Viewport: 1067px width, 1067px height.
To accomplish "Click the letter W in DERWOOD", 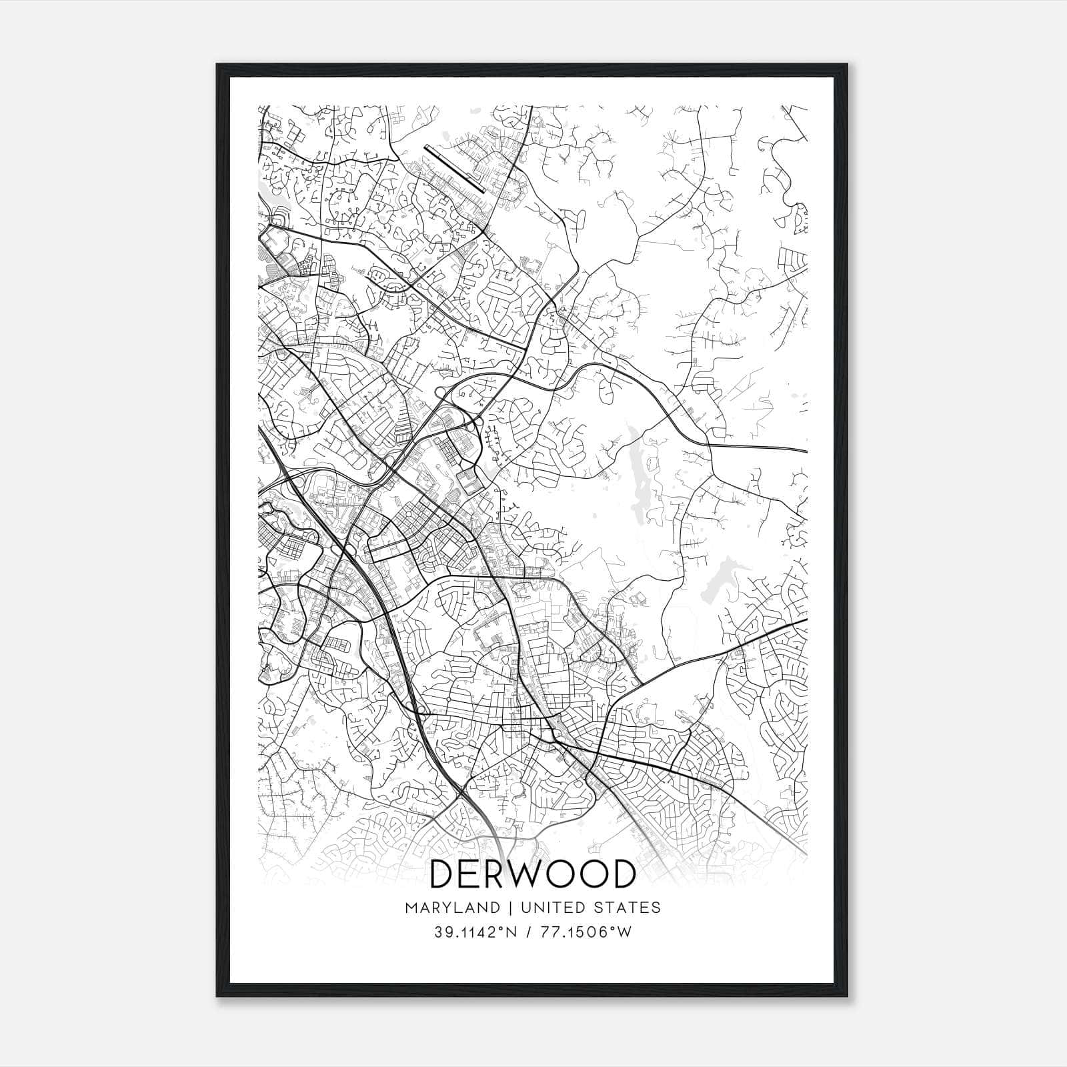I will point(520,874).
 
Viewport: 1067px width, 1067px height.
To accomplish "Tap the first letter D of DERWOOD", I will point(445,874).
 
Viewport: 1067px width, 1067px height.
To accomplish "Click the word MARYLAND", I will point(451,908).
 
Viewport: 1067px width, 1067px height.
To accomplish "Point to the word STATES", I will point(628,908).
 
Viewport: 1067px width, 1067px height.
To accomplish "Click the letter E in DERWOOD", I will point(468,874).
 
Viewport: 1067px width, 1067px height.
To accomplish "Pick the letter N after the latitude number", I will point(512,932).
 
